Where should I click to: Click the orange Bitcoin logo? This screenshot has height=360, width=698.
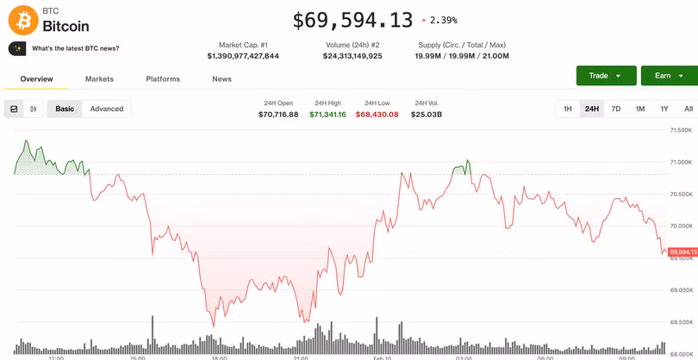point(23,20)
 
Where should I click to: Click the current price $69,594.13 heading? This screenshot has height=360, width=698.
point(352,20)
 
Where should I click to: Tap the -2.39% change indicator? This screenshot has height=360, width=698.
point(439,21)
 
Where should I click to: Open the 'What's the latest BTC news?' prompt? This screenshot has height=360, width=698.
point(66,48)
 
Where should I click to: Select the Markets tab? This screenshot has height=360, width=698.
point(99,79)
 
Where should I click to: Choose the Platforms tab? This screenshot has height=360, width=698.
point(163,79)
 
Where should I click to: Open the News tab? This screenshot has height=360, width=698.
point(221,79)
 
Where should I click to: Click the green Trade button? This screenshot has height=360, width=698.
point(606,76)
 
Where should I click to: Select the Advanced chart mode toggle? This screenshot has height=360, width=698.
point(107,109)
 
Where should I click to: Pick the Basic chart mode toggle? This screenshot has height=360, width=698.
point(65,109)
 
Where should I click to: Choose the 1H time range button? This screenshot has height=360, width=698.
point(568,109)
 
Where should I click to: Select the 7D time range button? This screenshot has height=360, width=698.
point(616,109)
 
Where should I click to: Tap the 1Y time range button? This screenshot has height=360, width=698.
point(664,109)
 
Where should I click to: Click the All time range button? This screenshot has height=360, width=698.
point(688,109)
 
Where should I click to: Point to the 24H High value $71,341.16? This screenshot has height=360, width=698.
point(327,115)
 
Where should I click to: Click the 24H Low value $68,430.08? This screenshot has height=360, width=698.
point(377,115)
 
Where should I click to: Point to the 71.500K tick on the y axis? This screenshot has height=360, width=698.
point(681,130)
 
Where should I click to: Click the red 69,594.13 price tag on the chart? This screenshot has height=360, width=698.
point(682,252)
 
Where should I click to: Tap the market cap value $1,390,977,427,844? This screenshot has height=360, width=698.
point(243,56)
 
